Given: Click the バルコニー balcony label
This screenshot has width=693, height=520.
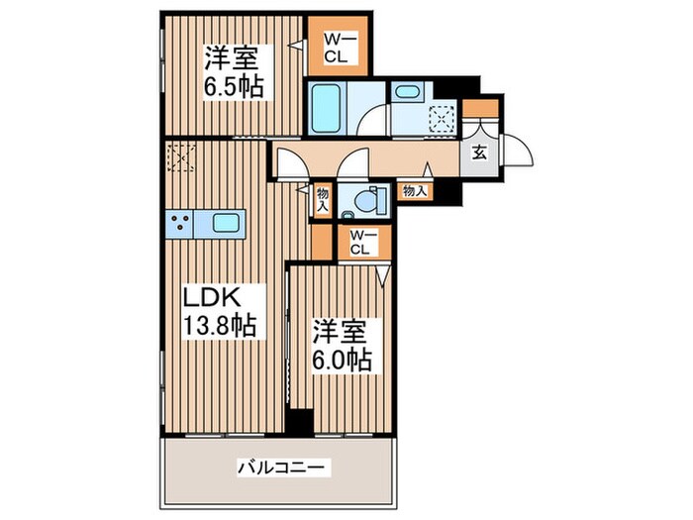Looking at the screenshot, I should [x=283, y=465].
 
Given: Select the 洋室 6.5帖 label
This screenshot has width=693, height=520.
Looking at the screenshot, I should [x=234, y=71].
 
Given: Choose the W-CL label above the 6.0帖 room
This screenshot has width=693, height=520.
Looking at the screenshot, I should [x=359, y=243].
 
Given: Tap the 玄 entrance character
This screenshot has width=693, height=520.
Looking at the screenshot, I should [x=479, y=154].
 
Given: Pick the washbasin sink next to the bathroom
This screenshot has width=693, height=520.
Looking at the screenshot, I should [x=407, y=93].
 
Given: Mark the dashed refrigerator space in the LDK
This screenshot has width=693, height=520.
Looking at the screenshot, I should [x=181, y=157].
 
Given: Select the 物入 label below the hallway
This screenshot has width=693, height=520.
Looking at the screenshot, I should [x=415, y=191].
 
